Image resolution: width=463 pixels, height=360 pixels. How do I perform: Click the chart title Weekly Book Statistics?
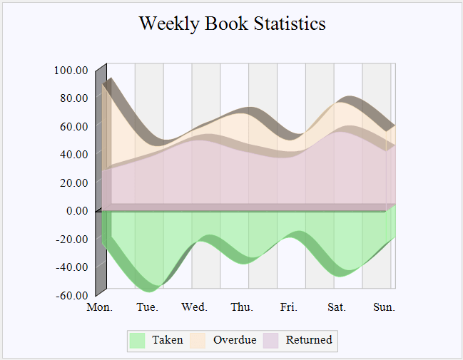click(232, 24)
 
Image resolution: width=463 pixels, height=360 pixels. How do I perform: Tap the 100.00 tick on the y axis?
click(71, 70)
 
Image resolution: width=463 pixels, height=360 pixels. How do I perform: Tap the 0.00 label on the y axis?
click(76, 210)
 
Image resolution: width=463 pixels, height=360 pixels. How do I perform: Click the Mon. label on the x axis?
click(99, 307)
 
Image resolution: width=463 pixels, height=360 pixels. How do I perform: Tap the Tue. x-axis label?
click(147, 307)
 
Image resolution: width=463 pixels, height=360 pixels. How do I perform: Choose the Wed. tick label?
click(194, 307)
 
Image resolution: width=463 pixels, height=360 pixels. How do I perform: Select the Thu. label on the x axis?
click(242, 307)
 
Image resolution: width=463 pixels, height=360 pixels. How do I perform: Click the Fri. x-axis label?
click(289, 307)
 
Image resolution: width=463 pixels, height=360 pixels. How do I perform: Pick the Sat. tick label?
click(337, 307)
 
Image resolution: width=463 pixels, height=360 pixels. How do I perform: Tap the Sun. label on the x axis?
click(384, 307)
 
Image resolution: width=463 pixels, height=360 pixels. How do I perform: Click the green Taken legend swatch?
click(138, 340)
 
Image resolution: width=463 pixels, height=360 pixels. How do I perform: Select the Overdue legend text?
click(235, 340)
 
